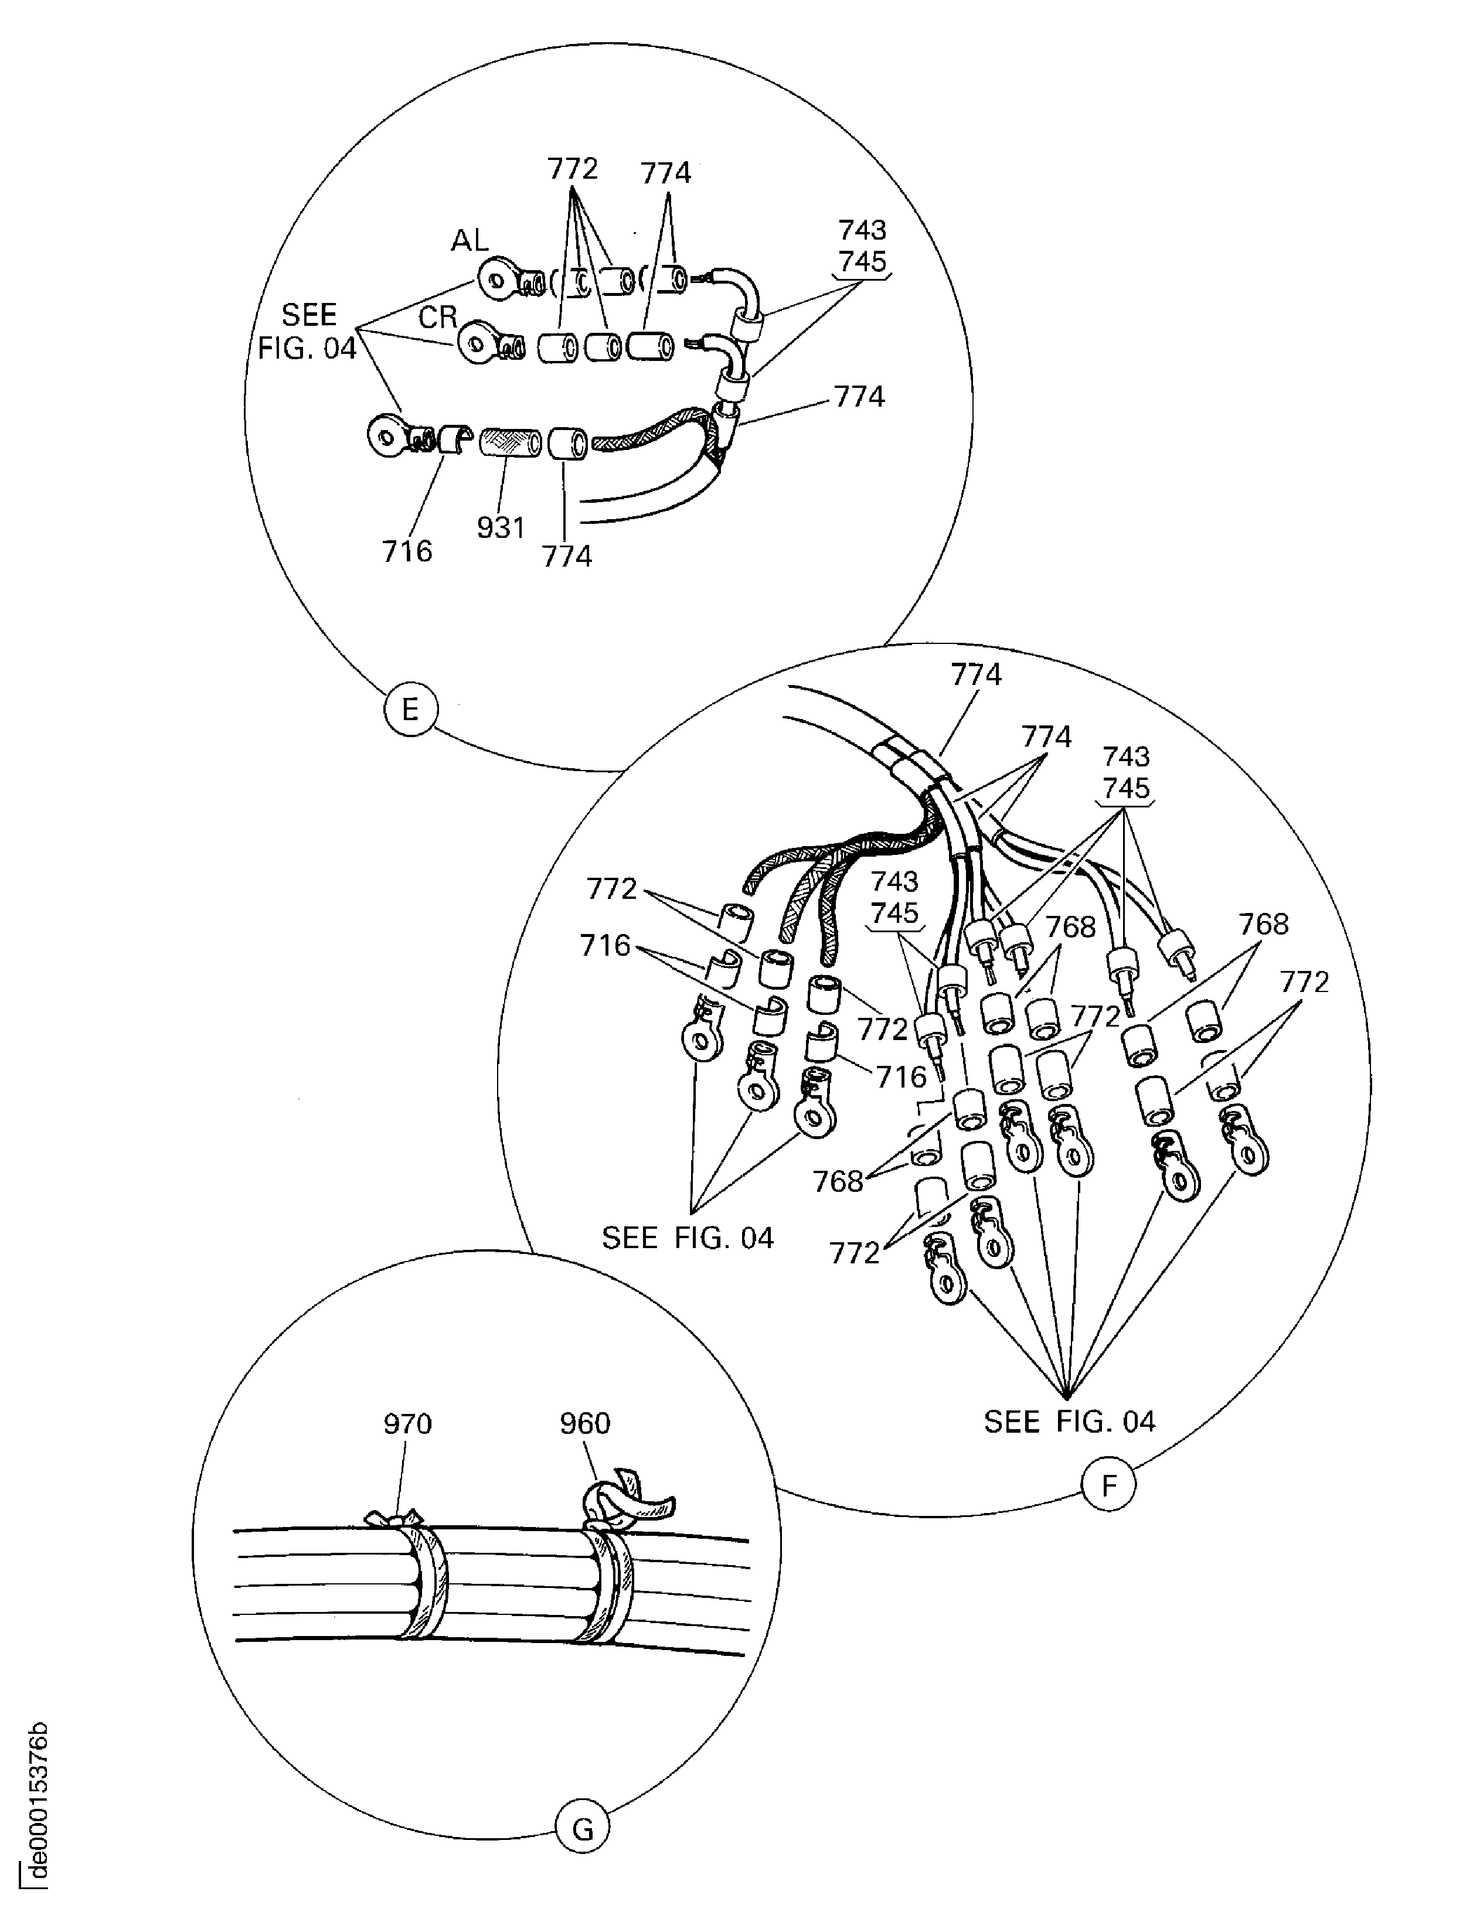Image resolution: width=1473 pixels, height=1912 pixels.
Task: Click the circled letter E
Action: (x=409, y=709)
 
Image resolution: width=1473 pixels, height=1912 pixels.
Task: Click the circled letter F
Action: (x=1108, y=1485)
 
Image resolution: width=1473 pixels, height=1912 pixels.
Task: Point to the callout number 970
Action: (x=407, y=1424)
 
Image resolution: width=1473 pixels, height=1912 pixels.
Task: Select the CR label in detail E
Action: (x=438, y=317)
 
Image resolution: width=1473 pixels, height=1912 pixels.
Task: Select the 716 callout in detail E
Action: (x=407, y=551)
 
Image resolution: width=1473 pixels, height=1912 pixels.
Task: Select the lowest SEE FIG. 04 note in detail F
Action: (x=1069, y=1422)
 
